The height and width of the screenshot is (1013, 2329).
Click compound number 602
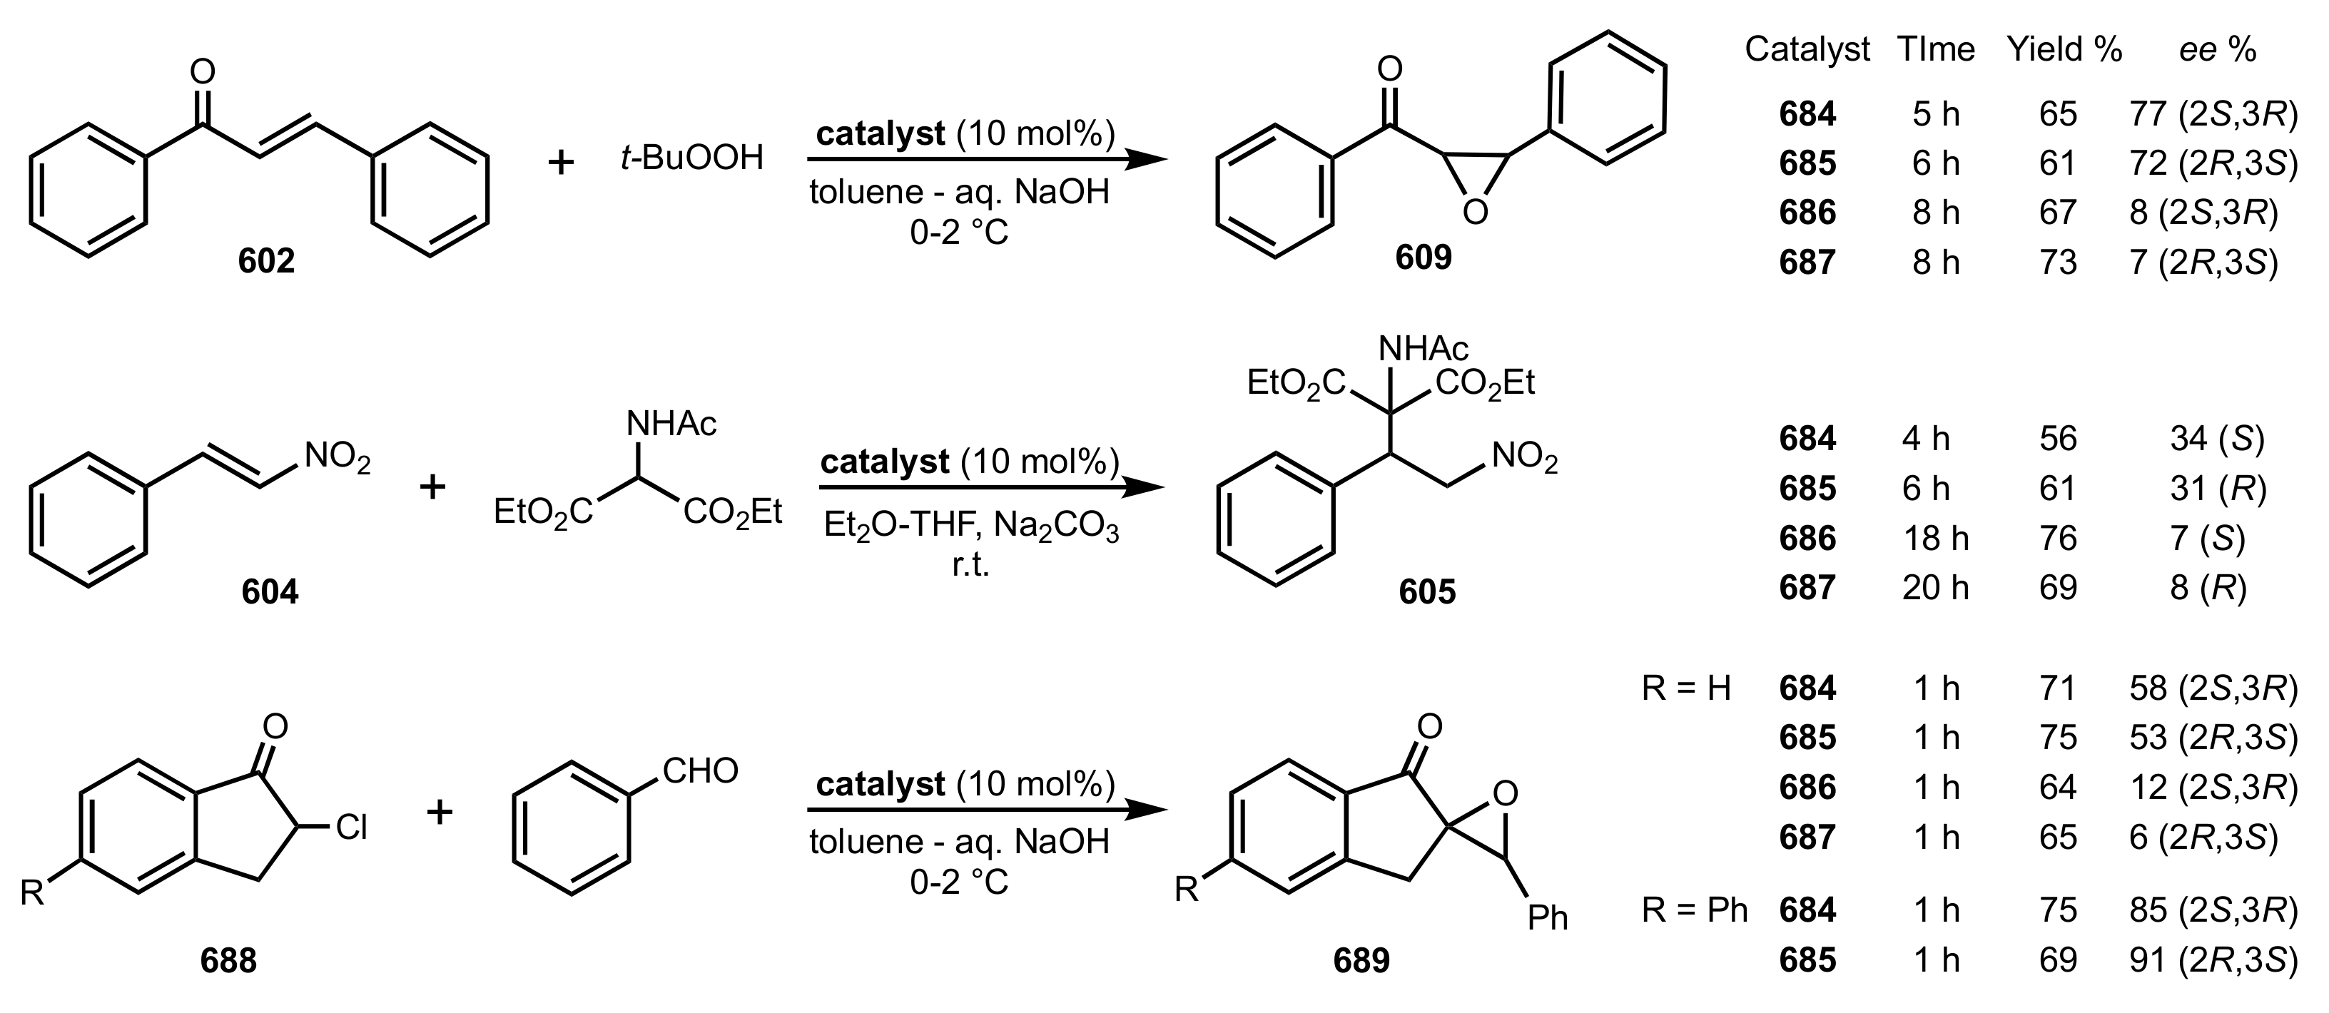267,261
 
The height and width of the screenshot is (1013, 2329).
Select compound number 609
1423,258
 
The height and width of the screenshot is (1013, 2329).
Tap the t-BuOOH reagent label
691,159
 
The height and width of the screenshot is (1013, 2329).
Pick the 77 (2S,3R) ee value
2213,114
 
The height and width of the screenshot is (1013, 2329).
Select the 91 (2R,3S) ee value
2213,959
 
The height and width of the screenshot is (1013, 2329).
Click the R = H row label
1686,688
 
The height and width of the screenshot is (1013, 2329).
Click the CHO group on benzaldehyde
700,772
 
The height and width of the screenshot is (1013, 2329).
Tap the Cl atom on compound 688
351,828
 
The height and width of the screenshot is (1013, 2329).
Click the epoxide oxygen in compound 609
1475,213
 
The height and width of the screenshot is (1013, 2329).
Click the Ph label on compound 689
1547,919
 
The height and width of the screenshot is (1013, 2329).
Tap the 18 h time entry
1935,539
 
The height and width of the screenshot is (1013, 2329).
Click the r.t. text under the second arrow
971,566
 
